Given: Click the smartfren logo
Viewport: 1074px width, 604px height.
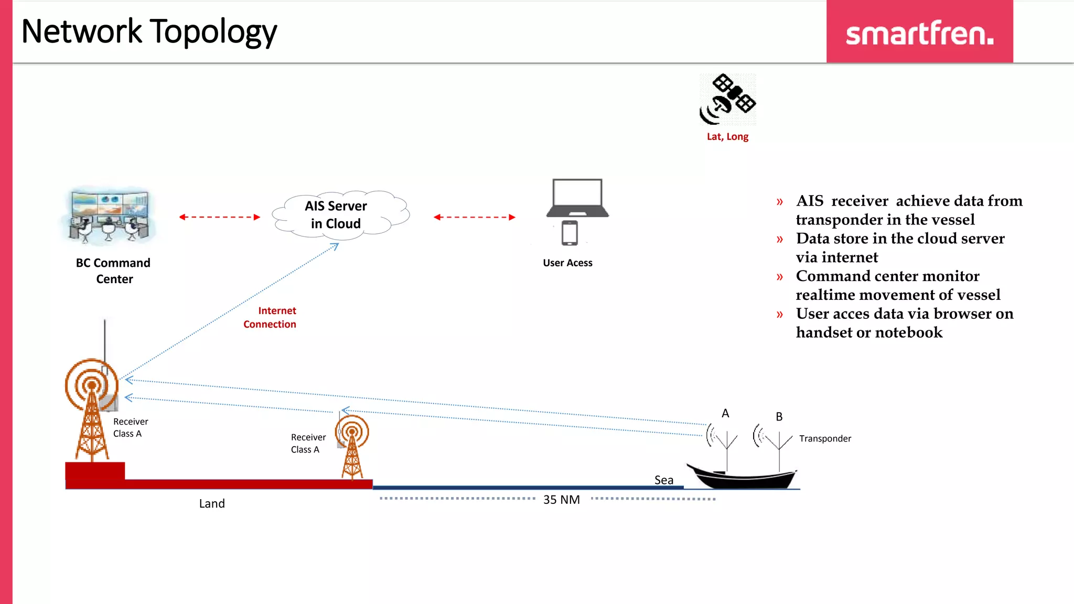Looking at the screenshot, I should tap(919, 33).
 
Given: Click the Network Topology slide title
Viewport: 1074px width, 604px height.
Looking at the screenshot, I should tap(149, 31).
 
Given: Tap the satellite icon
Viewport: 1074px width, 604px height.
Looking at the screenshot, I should tap(727, 100).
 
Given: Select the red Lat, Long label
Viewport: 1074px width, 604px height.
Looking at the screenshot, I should tap(727, 137).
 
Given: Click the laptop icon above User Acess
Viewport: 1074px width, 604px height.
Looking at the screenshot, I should tap(577, 198).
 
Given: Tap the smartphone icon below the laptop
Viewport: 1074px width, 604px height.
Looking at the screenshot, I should tap(570, 233).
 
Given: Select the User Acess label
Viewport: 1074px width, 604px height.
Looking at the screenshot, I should tap(567, 263).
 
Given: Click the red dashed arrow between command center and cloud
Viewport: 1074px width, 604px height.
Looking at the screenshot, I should tap(219, 217).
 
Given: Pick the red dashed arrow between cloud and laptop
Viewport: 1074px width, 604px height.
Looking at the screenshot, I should tap(474, 217).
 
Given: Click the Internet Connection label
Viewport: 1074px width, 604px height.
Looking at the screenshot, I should tap(270, 317).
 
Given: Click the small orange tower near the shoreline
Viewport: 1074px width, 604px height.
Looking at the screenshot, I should tap(352, 446).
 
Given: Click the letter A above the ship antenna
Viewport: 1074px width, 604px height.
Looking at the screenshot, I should tap(725, 413).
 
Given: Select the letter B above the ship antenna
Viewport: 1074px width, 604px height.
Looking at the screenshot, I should tap(779, 417).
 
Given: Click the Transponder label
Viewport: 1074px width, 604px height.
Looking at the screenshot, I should tap(825, 438).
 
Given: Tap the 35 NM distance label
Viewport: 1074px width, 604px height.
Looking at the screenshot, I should tap(561, 500).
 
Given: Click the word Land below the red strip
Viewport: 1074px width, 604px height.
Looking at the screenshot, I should tap(212, 503).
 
